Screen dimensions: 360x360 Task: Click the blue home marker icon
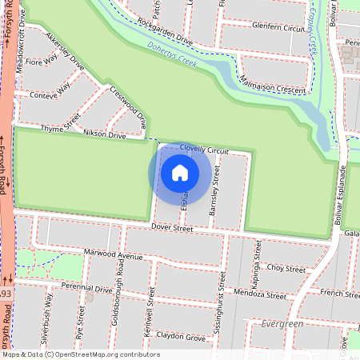click(x=180, y=171)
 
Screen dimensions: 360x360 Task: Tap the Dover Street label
click(x=172, y=229)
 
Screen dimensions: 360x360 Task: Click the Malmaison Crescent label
click(x=272, y=86)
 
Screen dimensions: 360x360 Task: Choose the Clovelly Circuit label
click(x=204, y=150)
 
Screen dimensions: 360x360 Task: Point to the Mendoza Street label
click(x=261, y=295)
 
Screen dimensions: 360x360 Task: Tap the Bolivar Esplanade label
click(x=342, y=190)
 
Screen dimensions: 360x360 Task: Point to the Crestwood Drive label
click(x=129, y=108)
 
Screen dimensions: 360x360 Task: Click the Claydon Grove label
click(x=181, y=336)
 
